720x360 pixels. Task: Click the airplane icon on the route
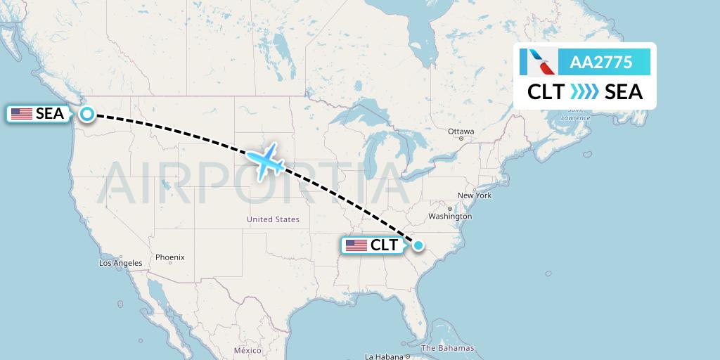point(266,161)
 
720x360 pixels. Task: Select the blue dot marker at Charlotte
point(418,245)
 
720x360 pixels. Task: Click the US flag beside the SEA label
point(22,114)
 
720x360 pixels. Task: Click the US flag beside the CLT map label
point(356,245)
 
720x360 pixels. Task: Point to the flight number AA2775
point(601,63)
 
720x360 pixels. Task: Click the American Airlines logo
point(539,62)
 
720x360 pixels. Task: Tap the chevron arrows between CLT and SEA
point(584,92)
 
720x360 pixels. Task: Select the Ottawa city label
point(461,131)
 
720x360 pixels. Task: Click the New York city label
point(475,195)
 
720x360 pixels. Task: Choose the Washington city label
point(449,217)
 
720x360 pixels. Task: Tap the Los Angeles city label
point(121,263)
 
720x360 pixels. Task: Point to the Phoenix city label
point(170,257)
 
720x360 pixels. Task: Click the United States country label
point(273,219)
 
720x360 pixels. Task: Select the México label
point(247,350)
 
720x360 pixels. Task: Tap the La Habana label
point(383,356)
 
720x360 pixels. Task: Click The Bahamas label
point(447,348)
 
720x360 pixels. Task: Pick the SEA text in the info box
point(624,92)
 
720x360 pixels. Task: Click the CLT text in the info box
point(546,92)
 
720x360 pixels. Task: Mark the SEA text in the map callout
point(50,113)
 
